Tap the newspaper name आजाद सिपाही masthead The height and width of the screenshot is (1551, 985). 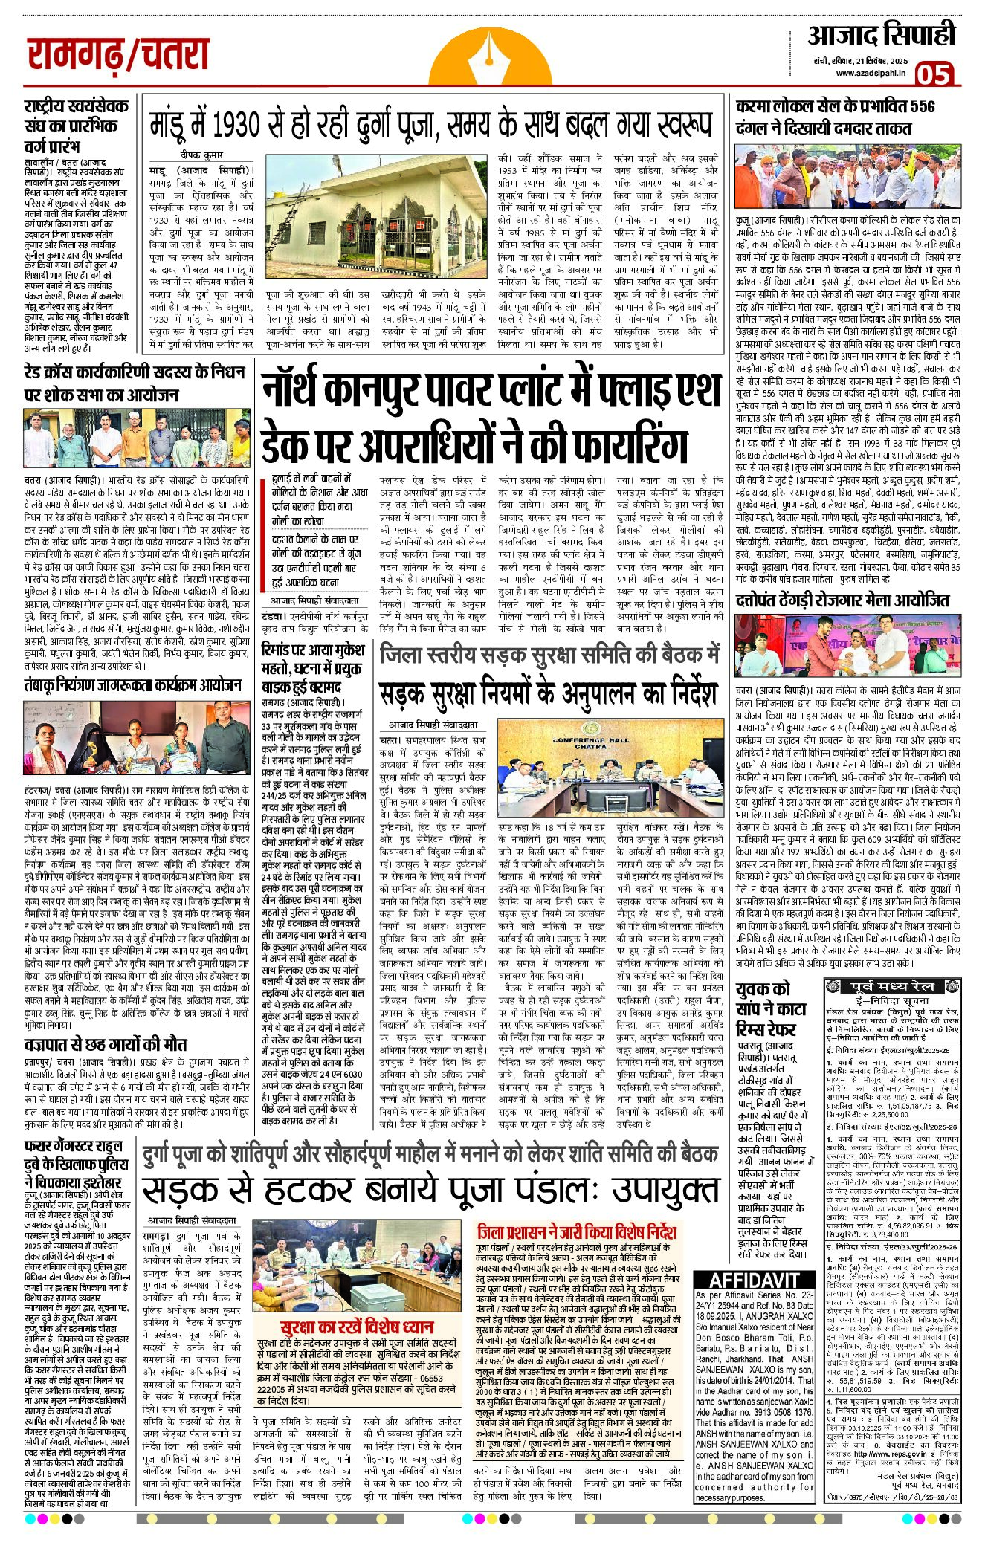[881, 36]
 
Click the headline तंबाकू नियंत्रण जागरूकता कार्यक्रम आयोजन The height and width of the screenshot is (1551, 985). [133, 685]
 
